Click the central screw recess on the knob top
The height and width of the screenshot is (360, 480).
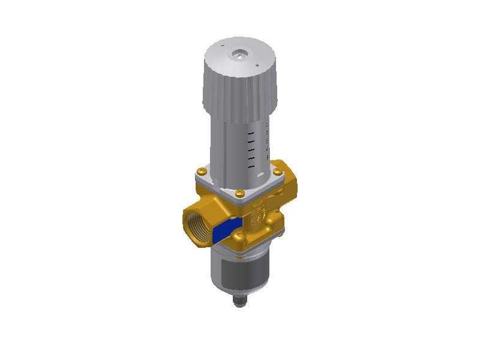(x=240, y=55)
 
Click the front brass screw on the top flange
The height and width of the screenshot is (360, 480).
(x=239, y=193)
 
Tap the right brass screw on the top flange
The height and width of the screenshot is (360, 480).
(x=277, y=172)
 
